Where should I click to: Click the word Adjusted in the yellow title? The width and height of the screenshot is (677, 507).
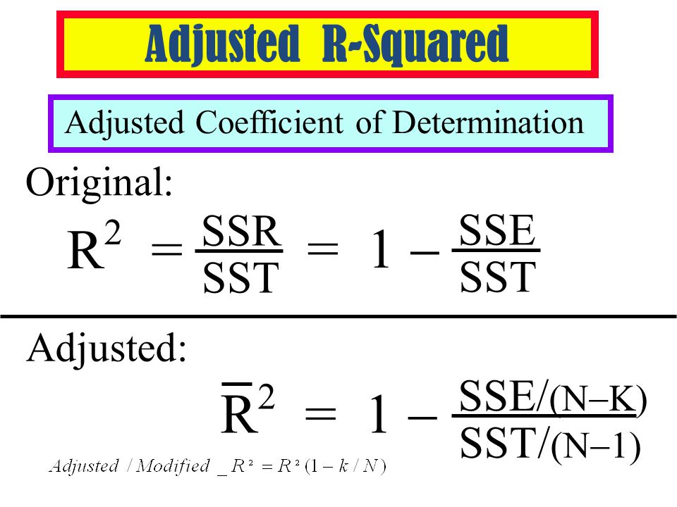click(222, 44)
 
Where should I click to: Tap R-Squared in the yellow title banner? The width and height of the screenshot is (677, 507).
click(415, 44)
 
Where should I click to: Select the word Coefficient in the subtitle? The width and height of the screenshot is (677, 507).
click(269, 123)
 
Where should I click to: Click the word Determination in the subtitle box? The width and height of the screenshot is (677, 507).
click(488, 123)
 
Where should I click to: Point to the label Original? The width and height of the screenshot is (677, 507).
click(99, 182)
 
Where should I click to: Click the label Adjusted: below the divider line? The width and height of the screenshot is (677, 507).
click(106, 349)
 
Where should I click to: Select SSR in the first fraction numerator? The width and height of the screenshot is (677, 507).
click(242, 231)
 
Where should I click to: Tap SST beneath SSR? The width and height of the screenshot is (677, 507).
click(240, 277)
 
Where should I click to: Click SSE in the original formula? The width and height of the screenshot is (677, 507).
click(497, 230)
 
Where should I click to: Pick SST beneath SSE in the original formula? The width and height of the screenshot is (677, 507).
click(498, 277)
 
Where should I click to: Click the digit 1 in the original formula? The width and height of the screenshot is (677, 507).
click(381, 249)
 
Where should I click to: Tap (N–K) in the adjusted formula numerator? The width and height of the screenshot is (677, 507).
click(599, 399)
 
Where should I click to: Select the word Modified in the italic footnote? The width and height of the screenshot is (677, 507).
click(173, 466)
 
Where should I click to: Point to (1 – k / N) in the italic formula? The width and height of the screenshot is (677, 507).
click(346, 466)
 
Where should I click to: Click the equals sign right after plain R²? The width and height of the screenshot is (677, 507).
click(166, 249)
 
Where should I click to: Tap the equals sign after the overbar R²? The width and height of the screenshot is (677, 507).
click(320, 415)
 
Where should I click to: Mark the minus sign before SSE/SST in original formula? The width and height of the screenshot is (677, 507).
click(425, 251)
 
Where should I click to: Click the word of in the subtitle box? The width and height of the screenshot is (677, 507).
click(368, 123)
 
